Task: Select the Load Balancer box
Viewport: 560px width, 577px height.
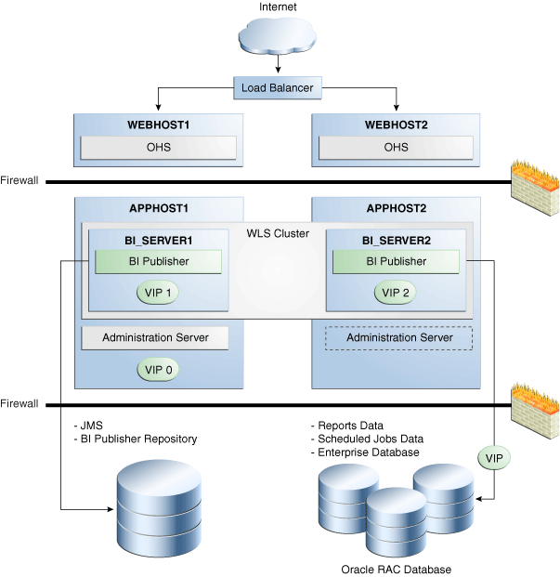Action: (278, 89)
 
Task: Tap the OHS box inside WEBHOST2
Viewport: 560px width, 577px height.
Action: (397, 147)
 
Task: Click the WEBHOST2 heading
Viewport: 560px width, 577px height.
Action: (397, 125)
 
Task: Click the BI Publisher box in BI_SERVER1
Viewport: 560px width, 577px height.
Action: (158, 261)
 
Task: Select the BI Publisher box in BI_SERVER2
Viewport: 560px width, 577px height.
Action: (397, 261)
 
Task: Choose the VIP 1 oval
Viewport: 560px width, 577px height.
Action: (158, 292)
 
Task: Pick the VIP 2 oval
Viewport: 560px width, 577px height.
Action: (397, 292)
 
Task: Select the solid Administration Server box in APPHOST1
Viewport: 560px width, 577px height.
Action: (154, 337)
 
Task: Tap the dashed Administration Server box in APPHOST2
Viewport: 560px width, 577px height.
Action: (399, 337)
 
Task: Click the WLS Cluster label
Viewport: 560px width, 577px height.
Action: (278, 232)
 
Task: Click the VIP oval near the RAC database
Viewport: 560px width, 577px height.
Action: (493, 458)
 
